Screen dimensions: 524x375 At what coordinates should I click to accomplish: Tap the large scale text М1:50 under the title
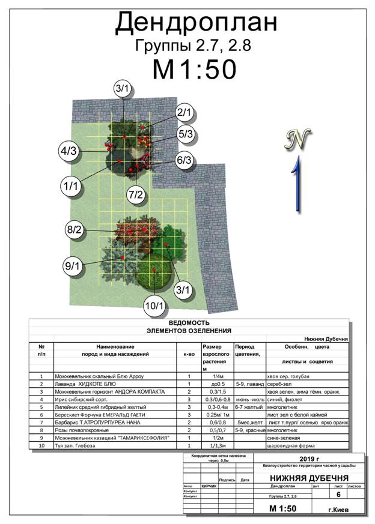pyautogui.click(x=193, y=69)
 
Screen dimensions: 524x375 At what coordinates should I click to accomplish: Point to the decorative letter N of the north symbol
pyautogui.click(x=297, y=139)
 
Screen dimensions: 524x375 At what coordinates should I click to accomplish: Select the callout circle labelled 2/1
pyautogui.click(x=184, y=112)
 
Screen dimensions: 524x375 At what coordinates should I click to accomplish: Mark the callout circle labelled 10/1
pyautogui.click(x=154, y=306)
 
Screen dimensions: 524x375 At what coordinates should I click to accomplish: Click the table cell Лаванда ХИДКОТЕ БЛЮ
pyautogui.click(x=85, y=384)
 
